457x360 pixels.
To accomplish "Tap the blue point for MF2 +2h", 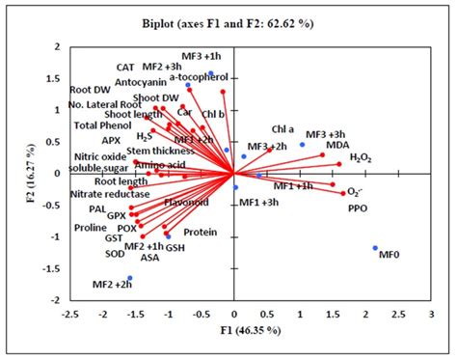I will click(x=130, y=279).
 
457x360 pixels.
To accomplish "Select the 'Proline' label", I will click(x=90, y=229).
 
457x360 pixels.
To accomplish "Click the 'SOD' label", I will click(x=116, y=253).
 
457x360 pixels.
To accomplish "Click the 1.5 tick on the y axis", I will click(x=55, y=78).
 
